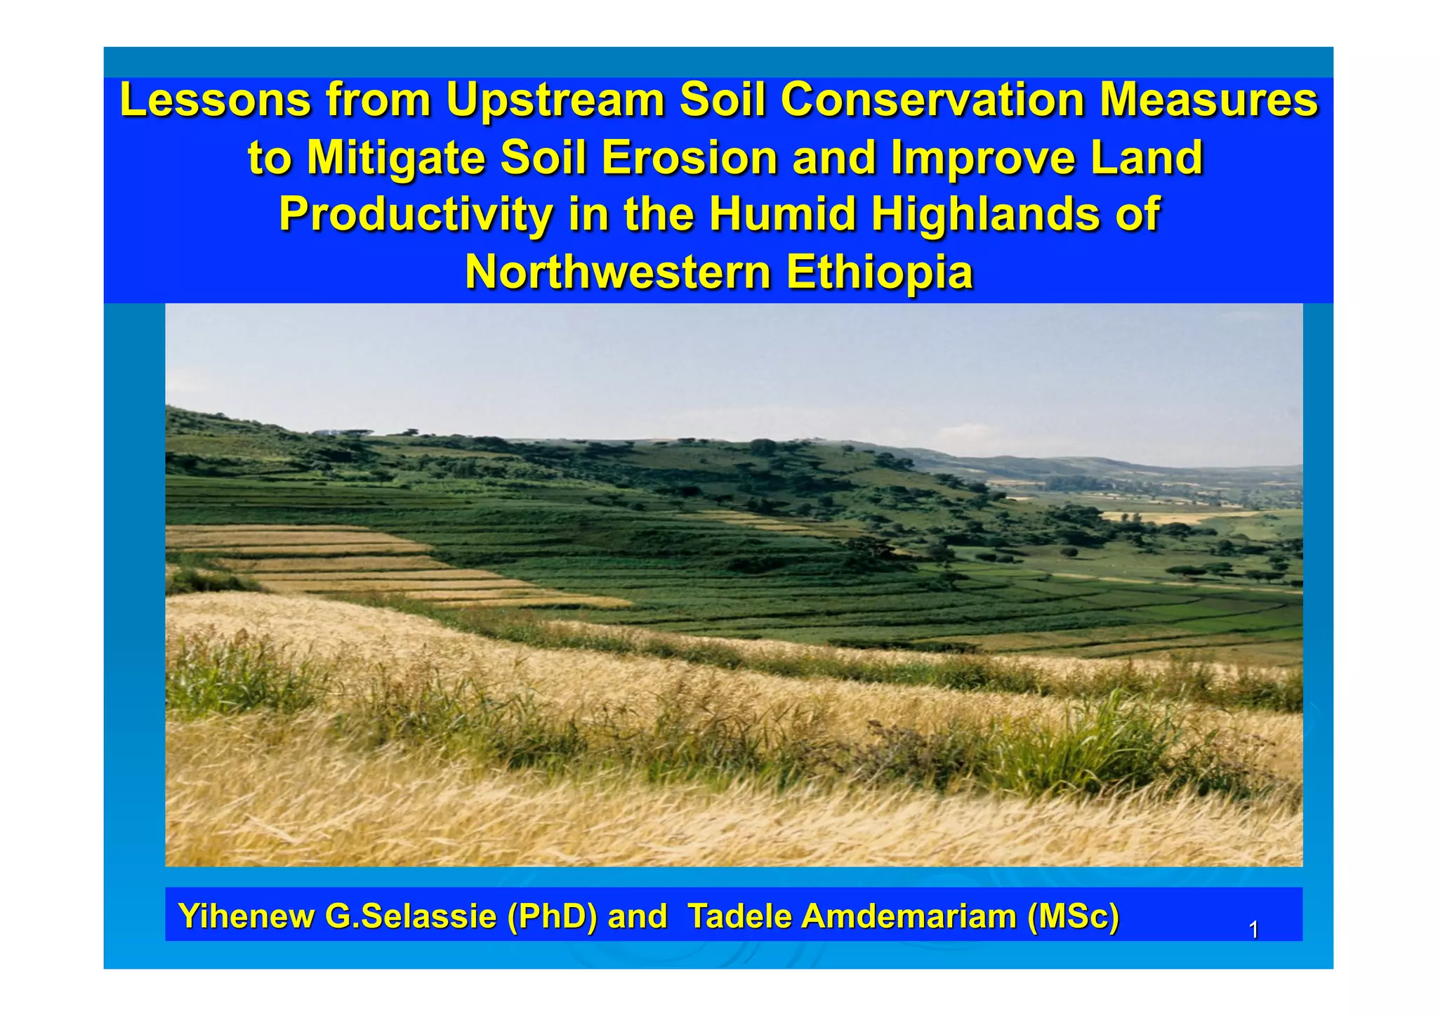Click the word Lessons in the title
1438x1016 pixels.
216,100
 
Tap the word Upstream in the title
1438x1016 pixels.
555,100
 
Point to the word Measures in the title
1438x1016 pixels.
1208,100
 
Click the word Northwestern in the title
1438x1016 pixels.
618,272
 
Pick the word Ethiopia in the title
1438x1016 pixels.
879,272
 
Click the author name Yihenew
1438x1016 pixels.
246,916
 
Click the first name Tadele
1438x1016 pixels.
739,916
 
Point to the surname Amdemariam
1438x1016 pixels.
909,916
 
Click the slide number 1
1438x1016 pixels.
1253,930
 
